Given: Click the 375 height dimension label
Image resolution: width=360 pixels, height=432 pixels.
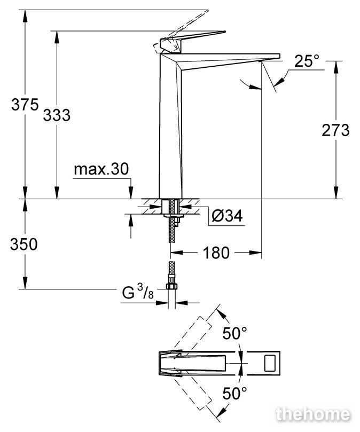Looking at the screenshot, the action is coord(25,105).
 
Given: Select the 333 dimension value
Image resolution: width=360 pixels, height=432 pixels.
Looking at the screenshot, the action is coord(57,115).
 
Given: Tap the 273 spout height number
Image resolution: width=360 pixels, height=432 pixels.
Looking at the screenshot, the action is coord(335,130).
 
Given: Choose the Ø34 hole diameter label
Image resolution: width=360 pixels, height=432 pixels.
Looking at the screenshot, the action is coord(227,216).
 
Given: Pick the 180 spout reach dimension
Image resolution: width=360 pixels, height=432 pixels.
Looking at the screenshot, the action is coord(216,253).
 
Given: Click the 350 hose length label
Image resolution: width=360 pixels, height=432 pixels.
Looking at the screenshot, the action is coord(24,244).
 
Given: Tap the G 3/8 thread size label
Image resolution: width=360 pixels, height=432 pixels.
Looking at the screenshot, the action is coord(138,292).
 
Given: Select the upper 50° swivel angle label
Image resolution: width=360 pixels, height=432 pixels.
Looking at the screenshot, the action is coord(235,333).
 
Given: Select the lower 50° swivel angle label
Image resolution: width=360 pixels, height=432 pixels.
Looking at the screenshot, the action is coord(235,393).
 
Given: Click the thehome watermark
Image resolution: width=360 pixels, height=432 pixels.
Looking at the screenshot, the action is coord(313,414).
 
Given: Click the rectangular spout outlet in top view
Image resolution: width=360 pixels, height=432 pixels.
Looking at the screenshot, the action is coord(269,363).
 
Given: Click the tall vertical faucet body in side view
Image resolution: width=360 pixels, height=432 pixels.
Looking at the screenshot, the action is coord(170,125).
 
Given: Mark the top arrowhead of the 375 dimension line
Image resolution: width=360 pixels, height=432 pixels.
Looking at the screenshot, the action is coord(25,15).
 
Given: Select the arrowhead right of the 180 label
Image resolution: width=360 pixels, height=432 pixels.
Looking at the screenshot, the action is coord(255,252).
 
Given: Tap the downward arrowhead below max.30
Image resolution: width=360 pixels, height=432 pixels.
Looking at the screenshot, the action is coord(131,192).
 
